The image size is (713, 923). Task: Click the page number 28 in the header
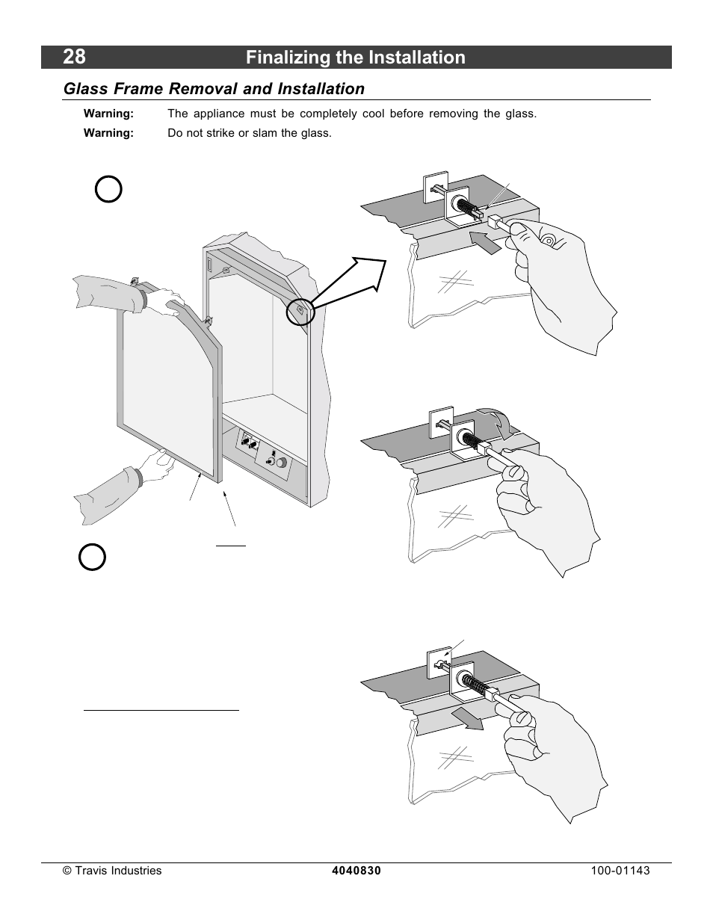click(74, 57)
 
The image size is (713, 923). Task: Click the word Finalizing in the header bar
click(288, 58)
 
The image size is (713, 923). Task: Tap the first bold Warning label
click(108, 114)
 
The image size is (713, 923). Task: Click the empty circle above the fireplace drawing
click(108, 189)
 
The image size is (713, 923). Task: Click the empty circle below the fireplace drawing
click(92, 557)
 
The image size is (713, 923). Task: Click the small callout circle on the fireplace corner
click(300, 312)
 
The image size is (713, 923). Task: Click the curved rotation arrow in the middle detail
click(498, 422)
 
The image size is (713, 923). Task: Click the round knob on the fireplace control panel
click(282, 463)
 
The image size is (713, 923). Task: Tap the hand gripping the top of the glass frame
click(168, 302)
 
